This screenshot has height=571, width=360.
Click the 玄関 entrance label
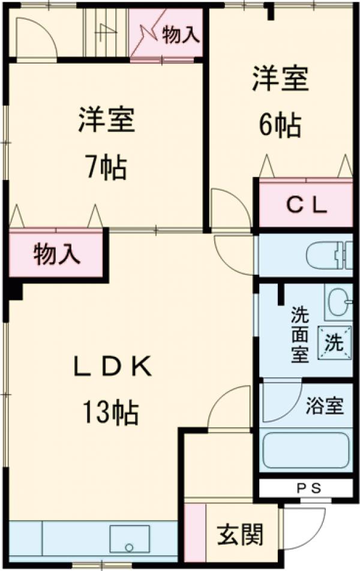(x=240, y=534)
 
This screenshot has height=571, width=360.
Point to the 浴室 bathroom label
(x=325, y=407)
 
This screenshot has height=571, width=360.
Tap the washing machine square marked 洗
(x=334, y=343)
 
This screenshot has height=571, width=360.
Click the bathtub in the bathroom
(x=305, y=450)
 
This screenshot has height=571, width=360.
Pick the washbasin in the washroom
(x=338, y=302)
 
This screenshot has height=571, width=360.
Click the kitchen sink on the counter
(x=130, y=538)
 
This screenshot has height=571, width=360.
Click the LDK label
(x=112, y=366)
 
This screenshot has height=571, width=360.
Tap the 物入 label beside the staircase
(x=180, y=35)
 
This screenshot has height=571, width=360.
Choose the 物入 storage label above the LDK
(x=56, y=254)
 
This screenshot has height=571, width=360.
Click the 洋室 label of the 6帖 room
(x=280, y=80)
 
